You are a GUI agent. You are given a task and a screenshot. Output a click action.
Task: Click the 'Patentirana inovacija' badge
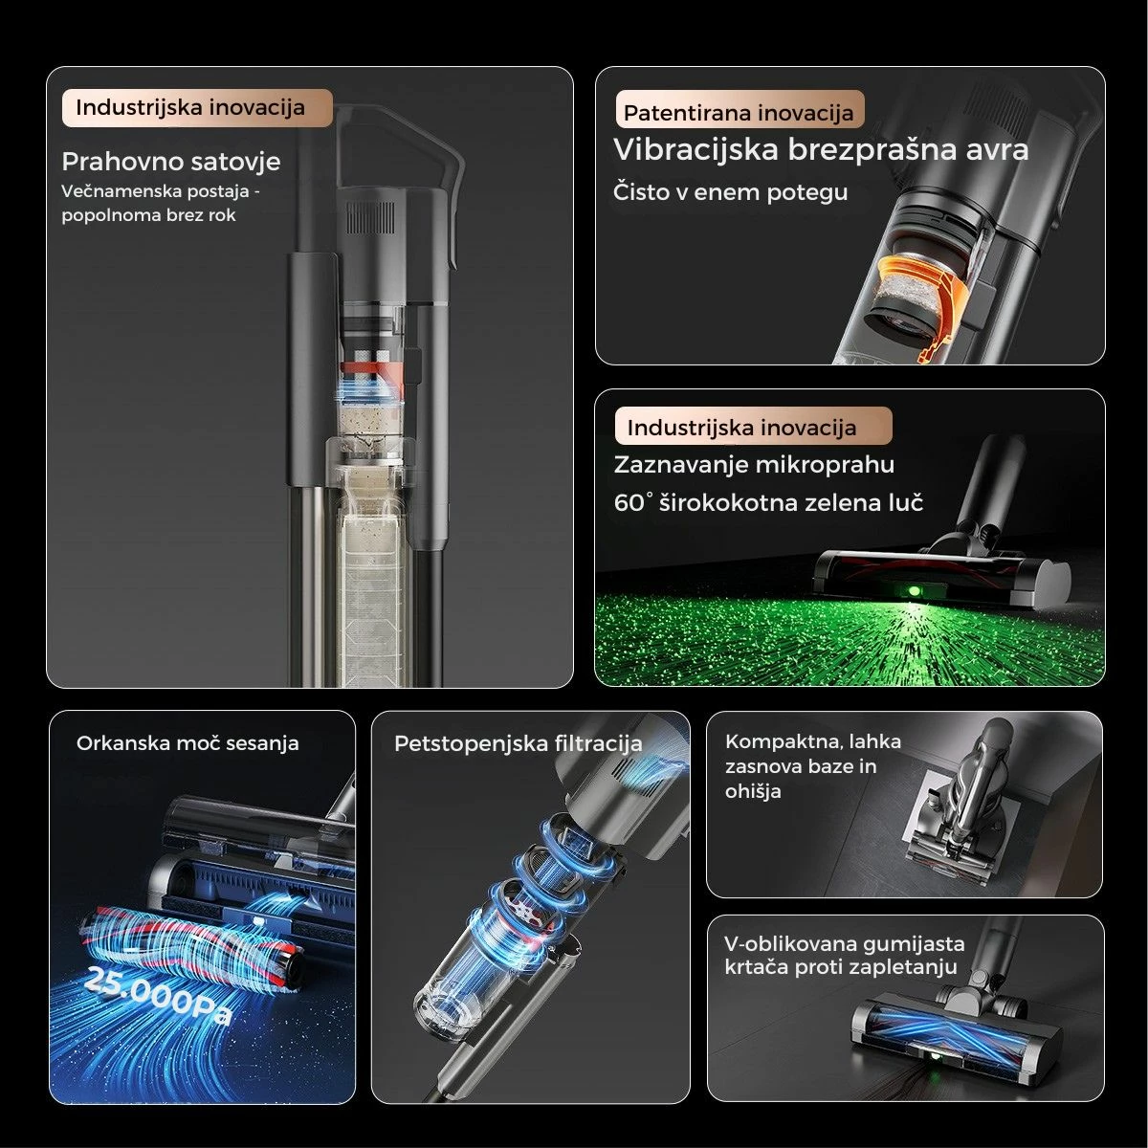[740, 110]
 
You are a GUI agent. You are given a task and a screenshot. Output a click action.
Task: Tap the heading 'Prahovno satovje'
[171, 162]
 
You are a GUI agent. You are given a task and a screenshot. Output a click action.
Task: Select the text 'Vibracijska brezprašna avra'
[821, 149]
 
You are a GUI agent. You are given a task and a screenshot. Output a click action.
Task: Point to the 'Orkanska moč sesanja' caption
[188, 743]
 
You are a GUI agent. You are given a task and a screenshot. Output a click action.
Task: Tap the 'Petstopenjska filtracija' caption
[519, 743]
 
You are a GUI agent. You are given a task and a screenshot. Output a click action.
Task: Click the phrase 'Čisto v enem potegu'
[730, 192]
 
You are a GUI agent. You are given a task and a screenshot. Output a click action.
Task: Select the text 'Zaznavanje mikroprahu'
[754, 464]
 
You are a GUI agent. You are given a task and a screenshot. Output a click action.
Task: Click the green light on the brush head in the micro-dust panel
[914, 591]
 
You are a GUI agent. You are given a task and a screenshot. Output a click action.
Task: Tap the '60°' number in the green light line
[629, 502]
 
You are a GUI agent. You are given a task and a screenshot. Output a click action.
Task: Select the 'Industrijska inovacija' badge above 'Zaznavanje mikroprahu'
[754, 426]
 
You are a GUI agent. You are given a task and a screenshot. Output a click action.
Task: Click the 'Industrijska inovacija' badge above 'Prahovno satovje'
[197, 108]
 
